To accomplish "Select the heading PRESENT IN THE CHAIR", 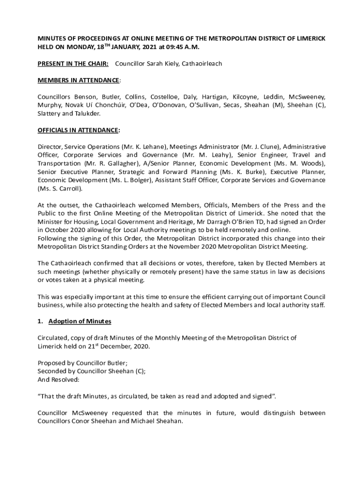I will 73,64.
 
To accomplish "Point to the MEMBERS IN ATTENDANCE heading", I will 78,80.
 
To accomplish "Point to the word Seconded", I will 53,371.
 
